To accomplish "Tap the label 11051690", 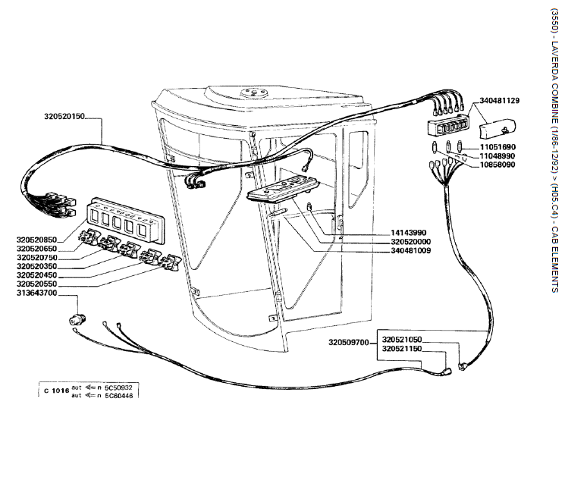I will [x=497, y=146].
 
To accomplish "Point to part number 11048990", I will [x=497, y=155].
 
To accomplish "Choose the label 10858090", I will [x=497, y=165].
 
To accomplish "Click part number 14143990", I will [x=411, y=232].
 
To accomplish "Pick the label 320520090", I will [x=411, y=241].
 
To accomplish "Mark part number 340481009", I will [x=411, y=250].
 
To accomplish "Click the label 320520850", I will [x=36, y=240].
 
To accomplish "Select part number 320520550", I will [x=36, y=284].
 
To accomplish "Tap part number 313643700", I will [x=36, y=293].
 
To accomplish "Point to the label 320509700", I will [x=349, y=343].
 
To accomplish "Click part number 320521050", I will [x=402, y=339].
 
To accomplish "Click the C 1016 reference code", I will [x=56, y=391].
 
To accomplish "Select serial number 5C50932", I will [x=119, y=387].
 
